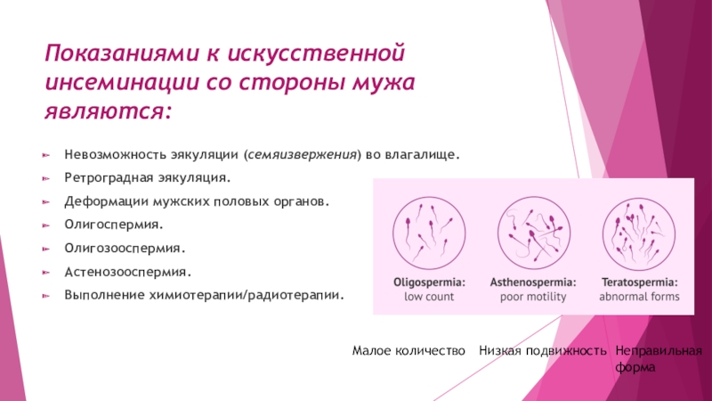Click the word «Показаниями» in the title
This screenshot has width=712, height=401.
coord(122,53)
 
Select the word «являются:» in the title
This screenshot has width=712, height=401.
coord(108,111)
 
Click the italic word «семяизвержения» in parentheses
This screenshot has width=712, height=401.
coord(302,154)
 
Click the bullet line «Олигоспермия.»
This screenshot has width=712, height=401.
coord(114,225)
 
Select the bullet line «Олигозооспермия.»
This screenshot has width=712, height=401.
coord(125,249)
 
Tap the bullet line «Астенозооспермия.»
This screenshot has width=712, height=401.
coord(127,272)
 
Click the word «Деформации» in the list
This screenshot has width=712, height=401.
coord(106,201)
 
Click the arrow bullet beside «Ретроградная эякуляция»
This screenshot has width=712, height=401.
coord(46,178)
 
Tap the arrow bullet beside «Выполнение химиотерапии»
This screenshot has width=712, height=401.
coord(46,296)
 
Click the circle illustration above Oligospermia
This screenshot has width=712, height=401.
coord(429,233)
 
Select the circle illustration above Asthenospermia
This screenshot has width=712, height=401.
coord(533,233)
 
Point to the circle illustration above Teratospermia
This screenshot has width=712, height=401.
coord(639,234)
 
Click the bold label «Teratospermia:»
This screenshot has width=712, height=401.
coord(639,282)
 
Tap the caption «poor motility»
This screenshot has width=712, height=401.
coord(533,297)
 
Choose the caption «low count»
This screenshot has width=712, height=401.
coord(429,297)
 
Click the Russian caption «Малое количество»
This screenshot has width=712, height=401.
coord(409,351)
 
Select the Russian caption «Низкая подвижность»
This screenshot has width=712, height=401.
coord(543,351)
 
